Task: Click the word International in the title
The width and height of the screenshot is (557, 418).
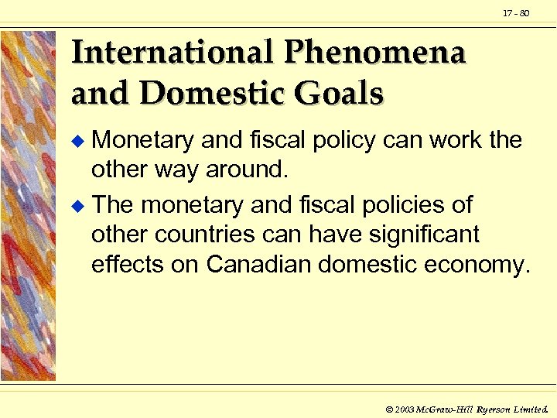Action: click(x=172, y=53)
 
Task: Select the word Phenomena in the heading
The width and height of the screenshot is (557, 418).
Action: click(x=375, y=53)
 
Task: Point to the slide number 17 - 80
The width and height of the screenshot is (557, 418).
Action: click(x=516, y=13)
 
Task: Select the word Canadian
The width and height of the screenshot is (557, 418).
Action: click(x=258, y=264)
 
